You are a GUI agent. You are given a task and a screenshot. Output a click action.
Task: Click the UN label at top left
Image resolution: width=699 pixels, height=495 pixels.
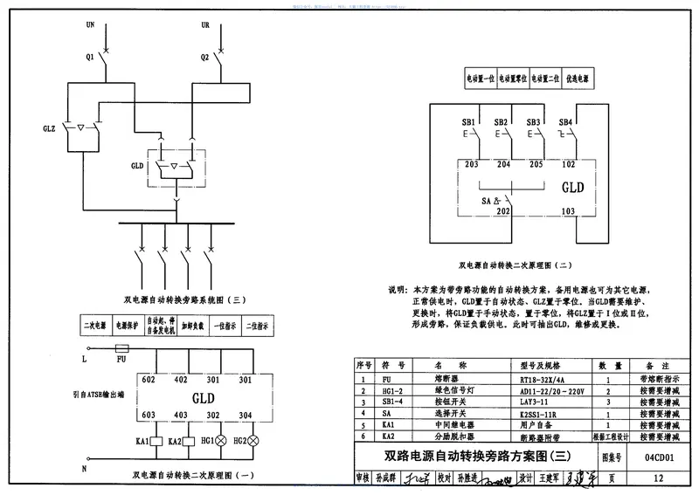(90, 25)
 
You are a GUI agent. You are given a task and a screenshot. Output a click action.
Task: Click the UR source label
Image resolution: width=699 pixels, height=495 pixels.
(205, 25)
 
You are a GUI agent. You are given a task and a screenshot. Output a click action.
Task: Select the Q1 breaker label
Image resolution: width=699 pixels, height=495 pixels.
(88, 58)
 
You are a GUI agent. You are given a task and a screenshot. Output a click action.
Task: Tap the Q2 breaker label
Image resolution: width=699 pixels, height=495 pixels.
(204, 58)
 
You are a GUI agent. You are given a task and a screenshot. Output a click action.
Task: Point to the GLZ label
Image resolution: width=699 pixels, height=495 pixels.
(49, 127)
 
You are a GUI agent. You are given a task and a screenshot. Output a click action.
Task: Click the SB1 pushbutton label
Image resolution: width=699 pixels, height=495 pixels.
(469, 122)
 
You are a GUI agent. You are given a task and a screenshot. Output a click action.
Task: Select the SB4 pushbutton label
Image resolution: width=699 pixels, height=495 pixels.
(565, 122)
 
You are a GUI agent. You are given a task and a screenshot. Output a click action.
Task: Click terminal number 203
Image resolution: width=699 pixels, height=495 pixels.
(472, 163)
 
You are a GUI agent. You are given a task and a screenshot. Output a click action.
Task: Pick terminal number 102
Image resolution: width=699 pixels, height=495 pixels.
(568, 163)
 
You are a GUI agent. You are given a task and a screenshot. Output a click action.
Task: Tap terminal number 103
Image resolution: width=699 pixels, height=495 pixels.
(568, 211)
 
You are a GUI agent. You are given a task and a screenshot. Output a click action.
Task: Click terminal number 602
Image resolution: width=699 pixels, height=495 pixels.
(149, 380)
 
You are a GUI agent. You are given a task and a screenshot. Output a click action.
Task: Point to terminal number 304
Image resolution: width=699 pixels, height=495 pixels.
(246, 416)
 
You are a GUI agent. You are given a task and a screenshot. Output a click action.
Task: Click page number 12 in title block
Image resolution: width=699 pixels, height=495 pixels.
(658, 478)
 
